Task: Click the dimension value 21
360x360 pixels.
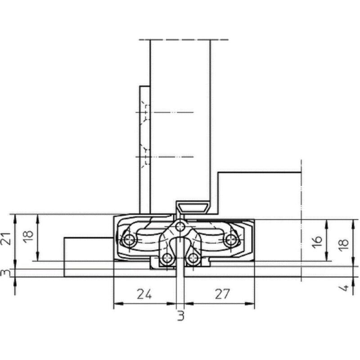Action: (7, 239)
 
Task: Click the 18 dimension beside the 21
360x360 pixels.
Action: (28, 234)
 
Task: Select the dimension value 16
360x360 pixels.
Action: (317, 242)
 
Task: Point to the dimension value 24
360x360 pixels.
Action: (144, 294)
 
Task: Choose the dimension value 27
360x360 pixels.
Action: (222, 294)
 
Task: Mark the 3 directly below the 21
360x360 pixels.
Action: (6, 273)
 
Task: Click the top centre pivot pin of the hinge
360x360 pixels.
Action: (180, 227)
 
